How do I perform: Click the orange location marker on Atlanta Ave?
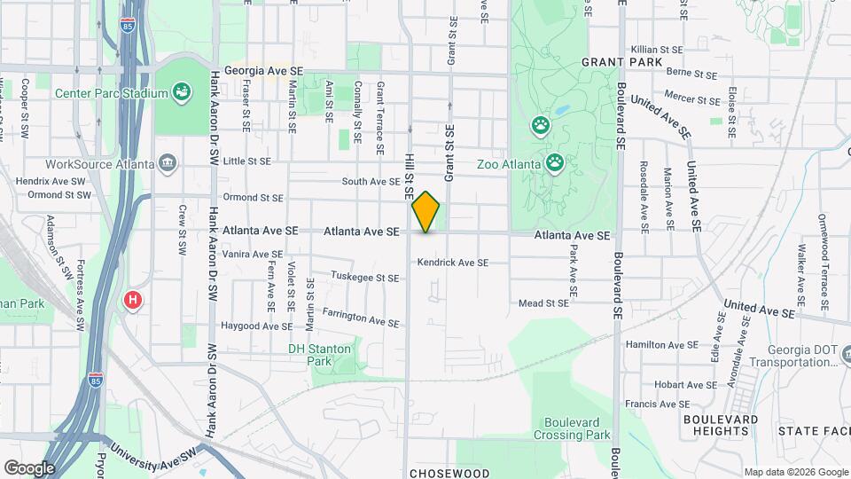pyautogui.click(x=425, y=212)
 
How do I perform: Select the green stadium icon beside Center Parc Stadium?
pyautogui.click(x=182, y=91)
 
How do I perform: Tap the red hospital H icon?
pyautogui.click(x=133, y=300)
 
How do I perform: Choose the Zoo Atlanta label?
pyautogui.click(x=508, y=164)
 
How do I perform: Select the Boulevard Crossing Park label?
pyautogui.click(x=573, y=428)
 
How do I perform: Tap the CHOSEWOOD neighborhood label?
pyautogui.click(x=449, y=472)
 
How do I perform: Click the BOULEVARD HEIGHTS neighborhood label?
pyautogui.click(x=721, y=424)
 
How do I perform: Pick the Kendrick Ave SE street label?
pyautogui.click(x=453, y=263)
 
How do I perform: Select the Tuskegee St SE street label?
pyautogui.click(x=364, y=278)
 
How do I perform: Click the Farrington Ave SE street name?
pyautogui.click(x=360, y=317)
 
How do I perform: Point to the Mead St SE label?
pyautogui.click(x=543, y=303)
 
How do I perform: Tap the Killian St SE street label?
pyautogui.click(x=656, y=50)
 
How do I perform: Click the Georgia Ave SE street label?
pyautogui.click(x=264, y=69)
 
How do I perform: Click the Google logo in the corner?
pyautogui.click(x=29, y=467)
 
